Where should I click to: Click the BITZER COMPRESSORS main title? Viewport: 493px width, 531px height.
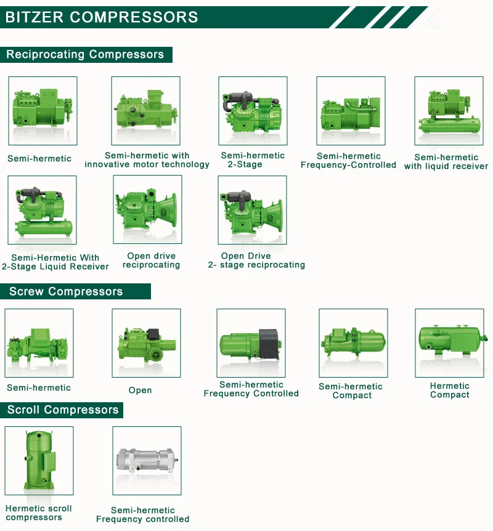click(102, 17)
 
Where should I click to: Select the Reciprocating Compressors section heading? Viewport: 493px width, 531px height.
click(85, 54)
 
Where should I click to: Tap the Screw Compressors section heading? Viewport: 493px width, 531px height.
click(66, 291)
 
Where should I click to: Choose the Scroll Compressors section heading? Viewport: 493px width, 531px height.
click(63, 410)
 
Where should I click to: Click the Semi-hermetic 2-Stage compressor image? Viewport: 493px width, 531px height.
click(253, 111)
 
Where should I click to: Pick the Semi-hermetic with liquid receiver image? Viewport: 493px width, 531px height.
click(449, 111)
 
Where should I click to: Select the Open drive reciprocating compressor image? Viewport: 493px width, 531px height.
click(147, 209)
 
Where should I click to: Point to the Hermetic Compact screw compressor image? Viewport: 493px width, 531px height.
click(449, 343)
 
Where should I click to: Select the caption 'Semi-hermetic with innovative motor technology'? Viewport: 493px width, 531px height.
click(147, 160)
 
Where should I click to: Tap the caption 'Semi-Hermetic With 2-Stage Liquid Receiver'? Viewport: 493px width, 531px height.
click(55, 262)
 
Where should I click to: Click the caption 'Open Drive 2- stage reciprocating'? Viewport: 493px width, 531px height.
click(256, 261)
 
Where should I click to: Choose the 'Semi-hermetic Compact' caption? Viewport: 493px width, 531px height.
click(351, 391)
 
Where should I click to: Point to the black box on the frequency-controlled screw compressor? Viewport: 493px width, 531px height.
click(269, 342)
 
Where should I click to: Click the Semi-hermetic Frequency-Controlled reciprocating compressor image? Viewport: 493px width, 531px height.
click(351, 111)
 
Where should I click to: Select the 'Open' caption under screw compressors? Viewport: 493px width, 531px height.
click(140, 390)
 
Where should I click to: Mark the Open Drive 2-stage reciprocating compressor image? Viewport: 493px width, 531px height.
click(253, 209)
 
